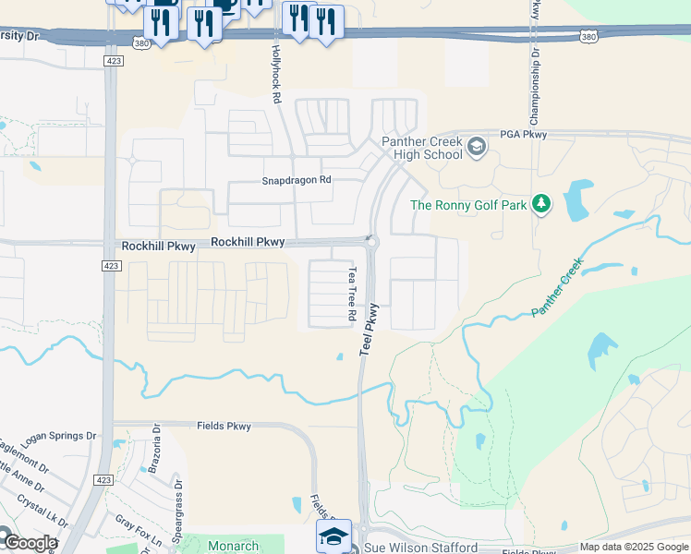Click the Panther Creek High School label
coord(422,148)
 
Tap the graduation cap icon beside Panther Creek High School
coord(477,147)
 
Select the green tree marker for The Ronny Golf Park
coord(541,204)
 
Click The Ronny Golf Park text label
coord(468,205)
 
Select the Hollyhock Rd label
coord(275,70)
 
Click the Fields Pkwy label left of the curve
coord(224,426)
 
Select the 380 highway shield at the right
coord(588,36)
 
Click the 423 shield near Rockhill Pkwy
coord(110,265)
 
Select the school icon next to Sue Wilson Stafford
coord(334,536)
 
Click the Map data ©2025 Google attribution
coord(634,548)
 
